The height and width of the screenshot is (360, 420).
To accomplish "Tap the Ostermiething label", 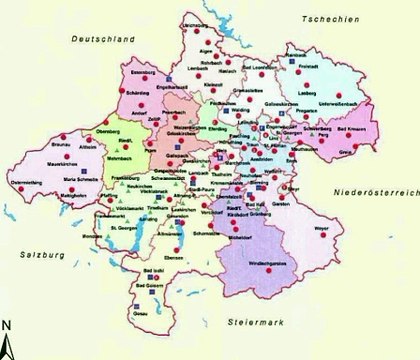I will [x=24, y=184].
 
